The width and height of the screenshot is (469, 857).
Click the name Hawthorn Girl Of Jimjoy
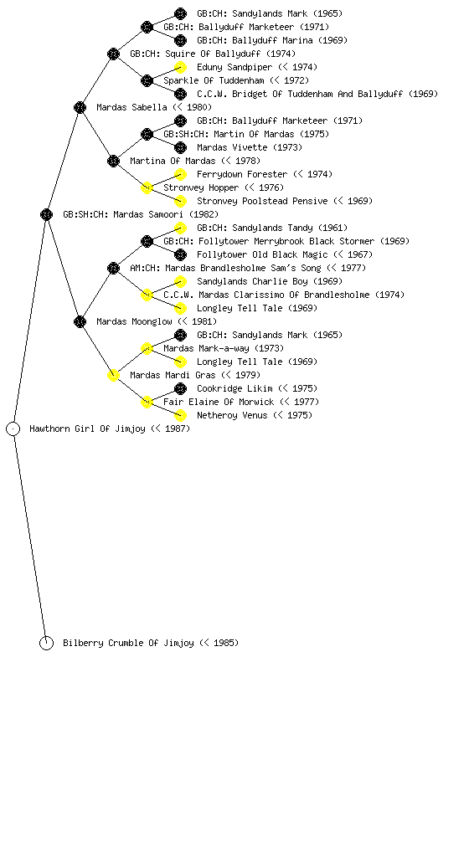(x=87, y=428)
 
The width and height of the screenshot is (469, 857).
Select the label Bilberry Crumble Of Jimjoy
(x=128, y=643)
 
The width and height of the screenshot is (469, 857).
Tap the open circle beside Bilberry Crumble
(x=46, y=644)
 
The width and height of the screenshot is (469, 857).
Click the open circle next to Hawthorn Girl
(x=13, y=429)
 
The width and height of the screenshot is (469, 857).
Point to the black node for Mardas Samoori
(x=46, y=214)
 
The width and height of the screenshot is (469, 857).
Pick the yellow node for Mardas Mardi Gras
(x=113, y=375)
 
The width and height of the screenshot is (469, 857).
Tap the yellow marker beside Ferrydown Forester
(x=180, y=174)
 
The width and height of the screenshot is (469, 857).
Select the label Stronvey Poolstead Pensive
(x=262, y=201)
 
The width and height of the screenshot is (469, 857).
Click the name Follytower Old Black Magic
(x=262, y=254)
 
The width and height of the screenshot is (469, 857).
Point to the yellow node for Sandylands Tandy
(x=180, y=228)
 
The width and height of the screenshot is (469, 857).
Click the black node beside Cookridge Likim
(x=180, y=388)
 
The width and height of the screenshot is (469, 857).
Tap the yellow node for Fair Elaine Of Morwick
(x=147, y=403)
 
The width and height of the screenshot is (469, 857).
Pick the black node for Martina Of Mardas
(x=113, y=161)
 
